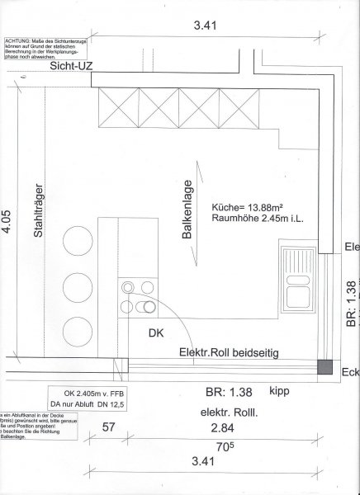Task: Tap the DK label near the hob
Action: pyautogui.click(x=156, y=334)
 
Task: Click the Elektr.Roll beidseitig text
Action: pyautogui.click(x=228, y=353)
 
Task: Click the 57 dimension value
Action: pyautogui.click(x=107, y=428)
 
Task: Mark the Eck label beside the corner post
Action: pyautogui.click(x=349, y=371)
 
